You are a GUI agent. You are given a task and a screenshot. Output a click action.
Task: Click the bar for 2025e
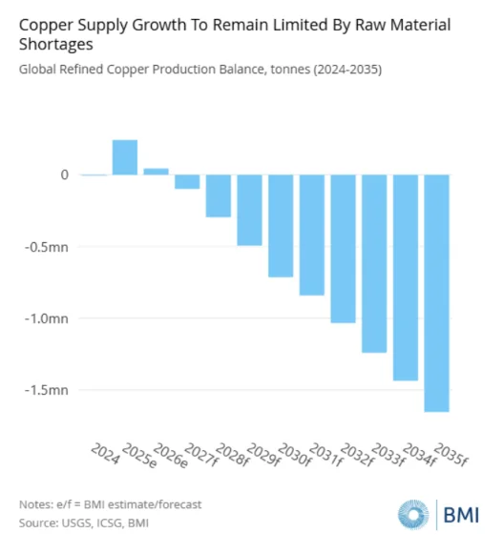[x=125, y=157]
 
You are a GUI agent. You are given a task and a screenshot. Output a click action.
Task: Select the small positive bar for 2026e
[x=156, y=172]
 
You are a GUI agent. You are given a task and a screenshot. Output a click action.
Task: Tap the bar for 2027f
[x=187, y=181]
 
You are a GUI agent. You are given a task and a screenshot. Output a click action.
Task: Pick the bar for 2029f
[x=249, y=210]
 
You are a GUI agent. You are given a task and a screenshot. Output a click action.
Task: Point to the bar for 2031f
[x=312, y=235]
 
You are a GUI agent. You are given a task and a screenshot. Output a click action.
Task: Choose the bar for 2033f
[x=374, y=263]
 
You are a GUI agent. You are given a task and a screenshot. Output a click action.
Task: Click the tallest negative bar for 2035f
[x=437, y=293]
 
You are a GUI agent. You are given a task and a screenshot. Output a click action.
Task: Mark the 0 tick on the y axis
[x=65, y=174]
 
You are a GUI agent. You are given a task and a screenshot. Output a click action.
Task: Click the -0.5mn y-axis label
[x=47, y=247]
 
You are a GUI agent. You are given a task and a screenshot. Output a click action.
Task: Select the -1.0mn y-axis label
[x=47, y=318]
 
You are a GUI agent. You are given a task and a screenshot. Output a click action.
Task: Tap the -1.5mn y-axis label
[x=47, y=390]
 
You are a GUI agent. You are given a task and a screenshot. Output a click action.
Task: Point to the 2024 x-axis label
[x=105, y=454]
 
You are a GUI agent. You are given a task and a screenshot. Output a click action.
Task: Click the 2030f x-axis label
[x=295, y=455]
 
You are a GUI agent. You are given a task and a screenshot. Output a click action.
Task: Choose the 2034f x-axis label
[x=420, y=455]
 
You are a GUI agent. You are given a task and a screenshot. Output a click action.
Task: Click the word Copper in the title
[x=46, y=26]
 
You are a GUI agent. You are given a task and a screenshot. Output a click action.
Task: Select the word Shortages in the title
[x=56, y=45]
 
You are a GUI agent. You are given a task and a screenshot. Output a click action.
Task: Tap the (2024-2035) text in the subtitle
[x=347, y=69]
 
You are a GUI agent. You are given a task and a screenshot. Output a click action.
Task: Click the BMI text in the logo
[x=461, y=515]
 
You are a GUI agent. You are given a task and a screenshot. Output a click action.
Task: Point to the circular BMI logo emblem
[x=413, y=515]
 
